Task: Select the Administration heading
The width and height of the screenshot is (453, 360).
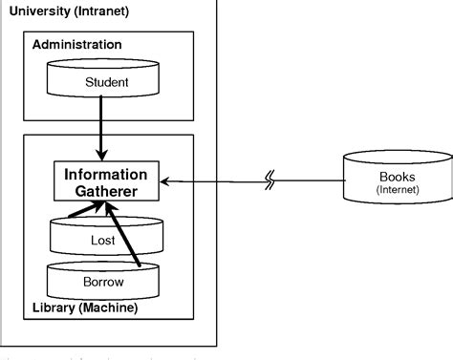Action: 76,45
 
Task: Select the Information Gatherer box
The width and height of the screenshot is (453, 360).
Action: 105,182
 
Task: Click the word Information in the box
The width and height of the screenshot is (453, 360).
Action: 105,175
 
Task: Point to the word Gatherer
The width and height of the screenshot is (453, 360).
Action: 105,192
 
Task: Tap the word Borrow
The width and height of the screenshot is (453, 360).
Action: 103,284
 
